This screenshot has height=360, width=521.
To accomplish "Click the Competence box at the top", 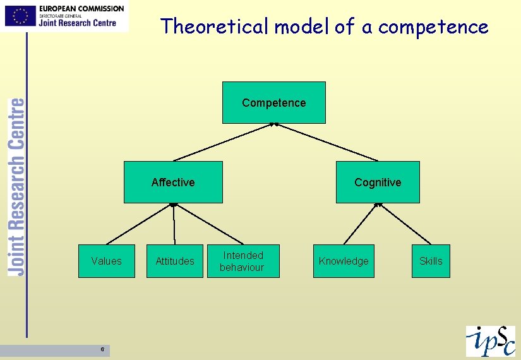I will (273, 102).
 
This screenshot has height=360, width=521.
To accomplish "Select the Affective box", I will (173, 182).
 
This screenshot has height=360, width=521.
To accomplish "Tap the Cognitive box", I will (378, 182).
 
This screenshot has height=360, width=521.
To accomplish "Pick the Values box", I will (106, 261).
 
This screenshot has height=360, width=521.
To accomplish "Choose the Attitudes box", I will (175, 261).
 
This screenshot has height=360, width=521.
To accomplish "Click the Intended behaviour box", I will (241, 261).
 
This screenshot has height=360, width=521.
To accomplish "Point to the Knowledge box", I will (344, 261).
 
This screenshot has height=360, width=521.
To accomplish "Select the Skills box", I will (431, 261).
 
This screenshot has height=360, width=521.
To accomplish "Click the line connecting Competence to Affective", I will (223, 142).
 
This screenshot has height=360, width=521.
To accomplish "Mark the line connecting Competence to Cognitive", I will (327, 142).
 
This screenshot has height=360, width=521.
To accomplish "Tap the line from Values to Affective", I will (140, 224).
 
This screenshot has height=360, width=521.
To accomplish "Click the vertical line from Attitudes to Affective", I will (174, 224).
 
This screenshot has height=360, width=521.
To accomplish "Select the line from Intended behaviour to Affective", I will (208, 224).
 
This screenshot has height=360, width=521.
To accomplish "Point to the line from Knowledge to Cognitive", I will (361, 224).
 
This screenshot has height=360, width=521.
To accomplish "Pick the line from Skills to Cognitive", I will (405, 224).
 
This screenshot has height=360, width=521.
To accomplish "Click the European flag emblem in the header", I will (20, 16).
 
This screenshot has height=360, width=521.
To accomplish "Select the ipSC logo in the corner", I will (490, 341).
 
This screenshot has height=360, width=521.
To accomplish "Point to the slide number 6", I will (102, 350).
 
